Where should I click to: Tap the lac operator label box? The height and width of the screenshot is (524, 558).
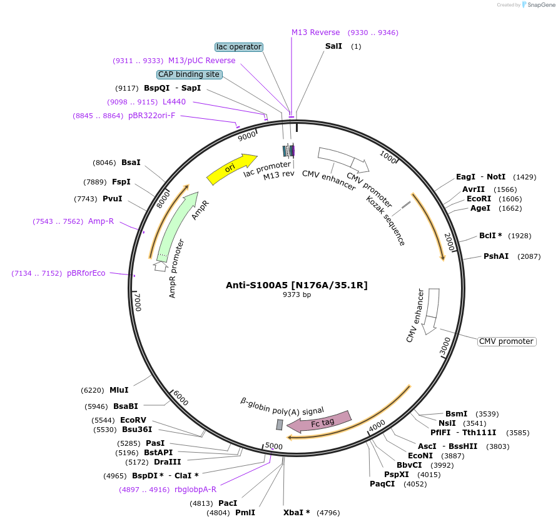tap(238, 47)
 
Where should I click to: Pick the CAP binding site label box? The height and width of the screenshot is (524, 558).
tap(189, 74)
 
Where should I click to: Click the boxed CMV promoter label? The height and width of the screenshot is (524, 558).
tap(507, 341)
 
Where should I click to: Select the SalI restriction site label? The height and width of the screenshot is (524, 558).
tap(333, 46)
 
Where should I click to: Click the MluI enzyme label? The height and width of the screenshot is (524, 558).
tap(119, 390)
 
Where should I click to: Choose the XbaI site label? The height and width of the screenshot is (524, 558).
tap(297, 513)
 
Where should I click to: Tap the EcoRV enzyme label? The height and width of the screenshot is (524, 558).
tap(133, 420)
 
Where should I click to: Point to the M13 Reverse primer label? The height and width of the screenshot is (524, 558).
tap(316, 33)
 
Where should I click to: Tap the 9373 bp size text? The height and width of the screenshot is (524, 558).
tap(297, 295)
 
